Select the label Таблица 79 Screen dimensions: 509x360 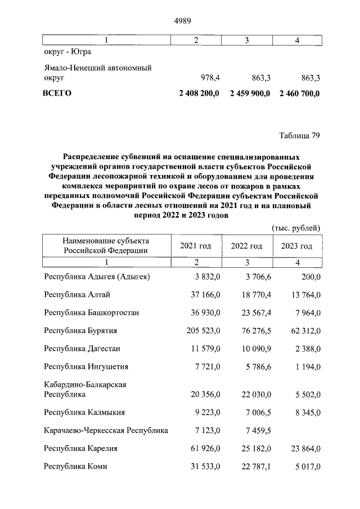[299, 135]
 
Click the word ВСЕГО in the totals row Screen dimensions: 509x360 [57, 93]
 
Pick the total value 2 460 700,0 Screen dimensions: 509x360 [299, 93]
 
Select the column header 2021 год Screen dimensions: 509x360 [196, 246]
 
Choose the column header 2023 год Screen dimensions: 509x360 [296, 246]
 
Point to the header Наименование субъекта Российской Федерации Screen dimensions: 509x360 [106, 246]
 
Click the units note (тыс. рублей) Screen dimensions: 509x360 [296, 228]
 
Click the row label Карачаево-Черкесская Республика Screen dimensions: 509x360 [106, 430]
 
